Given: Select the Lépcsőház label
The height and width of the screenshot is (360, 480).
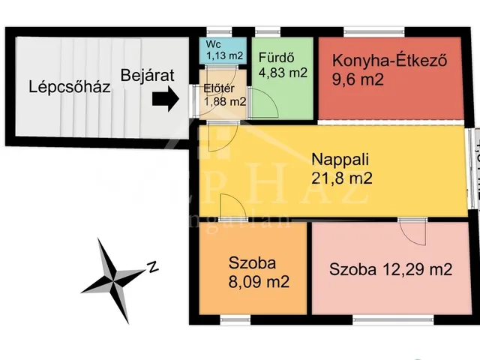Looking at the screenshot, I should tap(70, 86).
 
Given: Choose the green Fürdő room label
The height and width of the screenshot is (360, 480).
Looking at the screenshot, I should tap(275, 57).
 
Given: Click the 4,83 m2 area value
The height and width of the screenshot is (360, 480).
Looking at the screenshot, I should tap(283, 73).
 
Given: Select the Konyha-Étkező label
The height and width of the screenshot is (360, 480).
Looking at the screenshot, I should tap(389, 61).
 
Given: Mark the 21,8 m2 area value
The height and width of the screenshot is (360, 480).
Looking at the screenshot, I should tap(342, 178).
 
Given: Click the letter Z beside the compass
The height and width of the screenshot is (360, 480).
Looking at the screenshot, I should tap(152, 265).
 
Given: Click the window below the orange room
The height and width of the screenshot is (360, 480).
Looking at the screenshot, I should tap(241, 320).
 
